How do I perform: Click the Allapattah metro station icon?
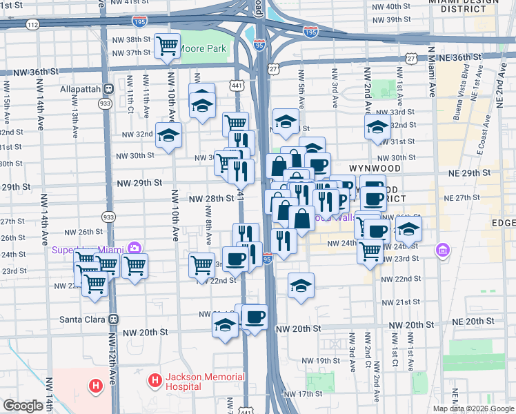108,89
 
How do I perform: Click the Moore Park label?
204,50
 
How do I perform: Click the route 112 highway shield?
32,23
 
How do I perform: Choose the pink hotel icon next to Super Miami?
134,248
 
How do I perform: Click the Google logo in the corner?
23,406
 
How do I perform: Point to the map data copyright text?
473,408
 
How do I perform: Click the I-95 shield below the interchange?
259,45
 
